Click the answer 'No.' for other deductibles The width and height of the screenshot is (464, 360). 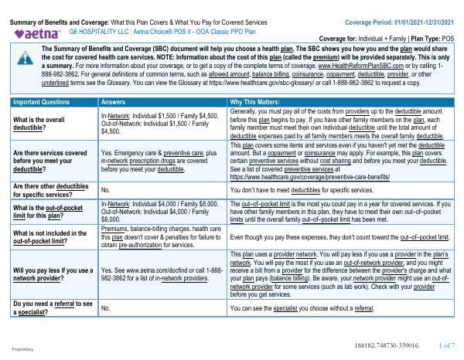pos(106,188)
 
